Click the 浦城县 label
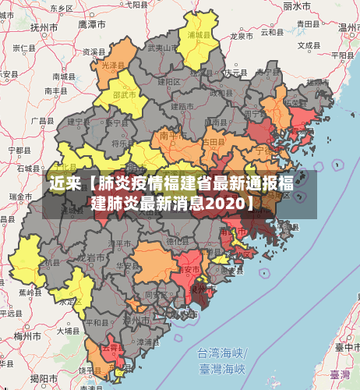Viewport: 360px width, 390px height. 199,35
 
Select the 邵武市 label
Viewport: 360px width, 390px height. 125,94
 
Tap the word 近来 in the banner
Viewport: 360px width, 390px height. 64,184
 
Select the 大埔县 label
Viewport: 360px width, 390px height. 68,330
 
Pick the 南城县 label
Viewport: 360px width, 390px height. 62,76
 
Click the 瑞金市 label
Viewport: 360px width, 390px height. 20,197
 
